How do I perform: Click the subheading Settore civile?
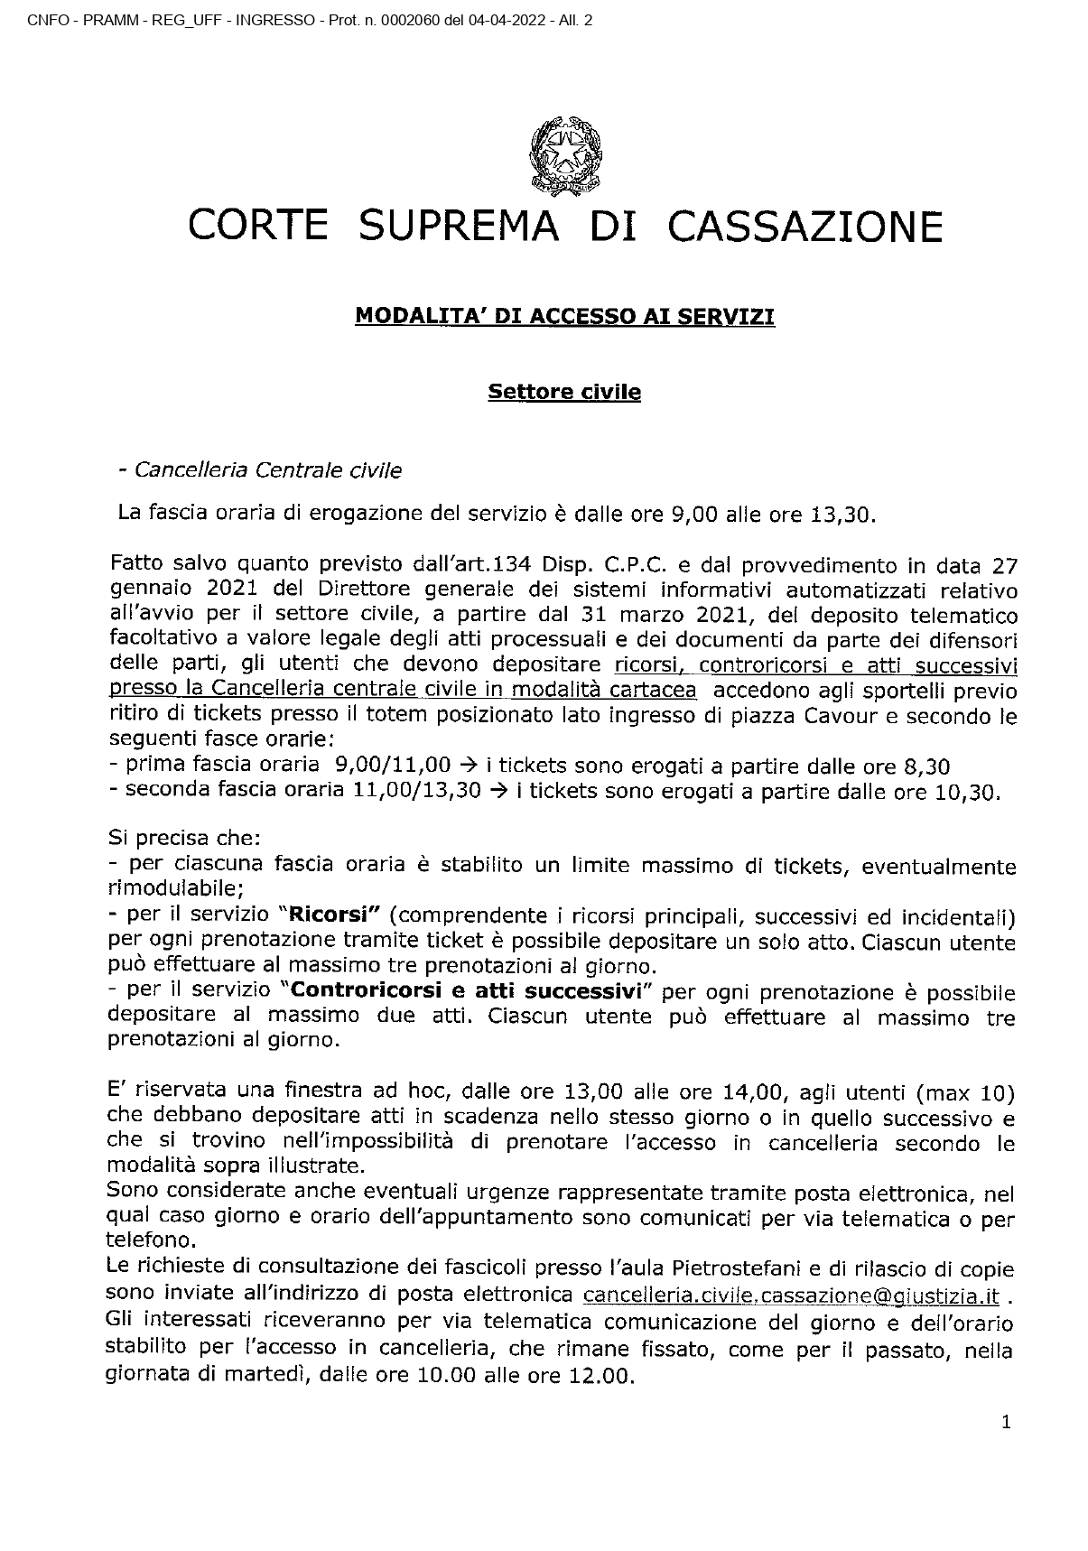pos(564,392)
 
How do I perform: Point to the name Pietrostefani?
pos(700,1272)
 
